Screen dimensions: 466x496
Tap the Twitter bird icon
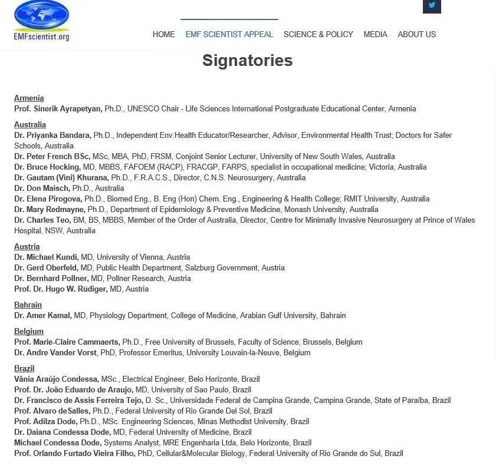tap(432, 6)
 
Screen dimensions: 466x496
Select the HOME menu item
tap(163, 34)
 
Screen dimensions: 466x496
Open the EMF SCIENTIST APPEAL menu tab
tap(229, 34)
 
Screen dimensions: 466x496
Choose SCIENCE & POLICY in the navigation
tap(318, 34)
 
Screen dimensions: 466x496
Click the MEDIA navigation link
tap(375, 34)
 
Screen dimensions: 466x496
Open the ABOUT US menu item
tap(416, 34)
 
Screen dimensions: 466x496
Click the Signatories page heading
tap(247, 61)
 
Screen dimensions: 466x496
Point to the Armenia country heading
tap(29, 98)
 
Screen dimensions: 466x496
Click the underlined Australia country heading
tap(30, 125)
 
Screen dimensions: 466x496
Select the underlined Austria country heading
tap(27, 247)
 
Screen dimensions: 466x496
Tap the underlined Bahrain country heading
tap(28, 305)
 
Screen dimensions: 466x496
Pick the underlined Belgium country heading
tap(29, 332)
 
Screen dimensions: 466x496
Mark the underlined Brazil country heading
tap(24, 369)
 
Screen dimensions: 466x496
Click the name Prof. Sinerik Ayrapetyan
tap(58, 109)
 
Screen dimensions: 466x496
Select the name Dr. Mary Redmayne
tap(50, 210)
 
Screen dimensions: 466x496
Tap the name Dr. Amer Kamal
tap(43, 316)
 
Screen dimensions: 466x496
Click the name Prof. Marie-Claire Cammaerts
tap(67, 342)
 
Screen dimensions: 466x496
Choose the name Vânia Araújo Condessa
tap(57, 379)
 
